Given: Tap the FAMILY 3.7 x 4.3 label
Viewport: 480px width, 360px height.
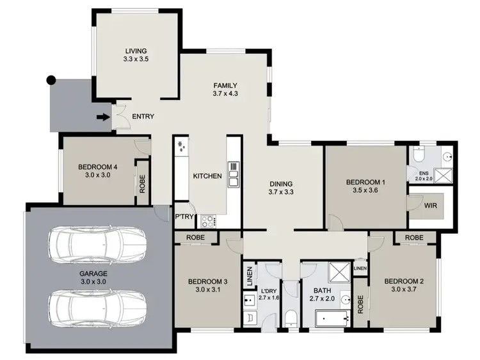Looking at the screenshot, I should (225, 90).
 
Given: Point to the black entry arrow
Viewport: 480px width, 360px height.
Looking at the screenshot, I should (101, 117).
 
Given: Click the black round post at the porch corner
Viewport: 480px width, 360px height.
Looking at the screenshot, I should (52, 80).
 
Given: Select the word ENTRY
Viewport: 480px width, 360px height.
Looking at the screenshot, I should (142, 117).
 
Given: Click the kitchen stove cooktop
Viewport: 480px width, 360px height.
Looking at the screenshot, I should (207, 222).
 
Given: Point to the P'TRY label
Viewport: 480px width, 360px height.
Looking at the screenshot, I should (185, 217).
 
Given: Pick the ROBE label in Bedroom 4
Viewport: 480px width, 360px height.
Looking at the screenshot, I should (141, 184).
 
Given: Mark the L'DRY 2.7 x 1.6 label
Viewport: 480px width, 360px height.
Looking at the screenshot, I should (269, 295).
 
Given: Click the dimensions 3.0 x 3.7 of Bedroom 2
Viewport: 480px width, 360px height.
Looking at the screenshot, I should (403, 290).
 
